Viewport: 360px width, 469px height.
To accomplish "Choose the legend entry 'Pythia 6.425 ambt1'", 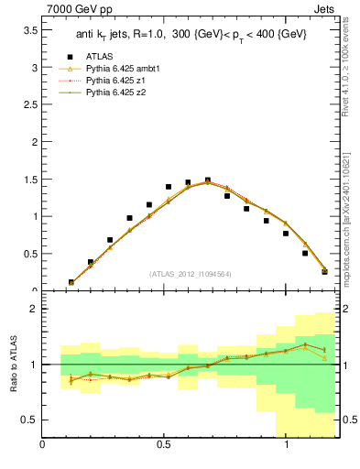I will tap(125, 69).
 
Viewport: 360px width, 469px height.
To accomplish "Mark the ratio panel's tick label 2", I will tap(33, 309).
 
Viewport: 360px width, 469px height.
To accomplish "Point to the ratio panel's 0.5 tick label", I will tap(27, 420).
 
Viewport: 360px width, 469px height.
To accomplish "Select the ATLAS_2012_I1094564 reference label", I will tap(190, 274).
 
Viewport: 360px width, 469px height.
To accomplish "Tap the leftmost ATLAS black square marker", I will tap(71, 283).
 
